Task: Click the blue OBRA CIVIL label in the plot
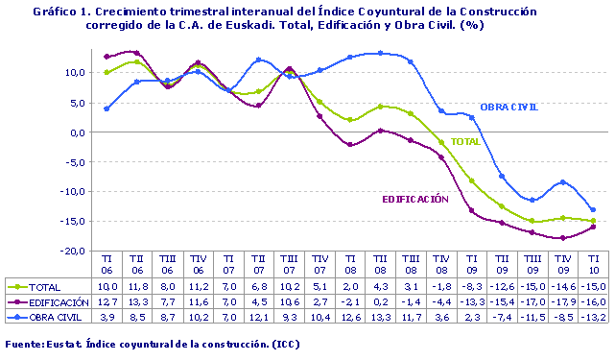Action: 509,106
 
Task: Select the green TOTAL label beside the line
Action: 465,142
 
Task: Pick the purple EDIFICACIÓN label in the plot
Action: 415,199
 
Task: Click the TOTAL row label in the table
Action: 44,287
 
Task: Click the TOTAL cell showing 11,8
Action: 137,287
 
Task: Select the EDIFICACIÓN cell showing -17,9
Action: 563,301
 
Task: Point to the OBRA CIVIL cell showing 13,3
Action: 380,316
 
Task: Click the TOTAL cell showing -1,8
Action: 440,287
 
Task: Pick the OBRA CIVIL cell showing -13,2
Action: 593,316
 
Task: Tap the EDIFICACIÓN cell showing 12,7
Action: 106,301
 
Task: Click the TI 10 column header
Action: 593,264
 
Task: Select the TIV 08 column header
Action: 441,264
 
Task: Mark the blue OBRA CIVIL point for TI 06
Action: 106,108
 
